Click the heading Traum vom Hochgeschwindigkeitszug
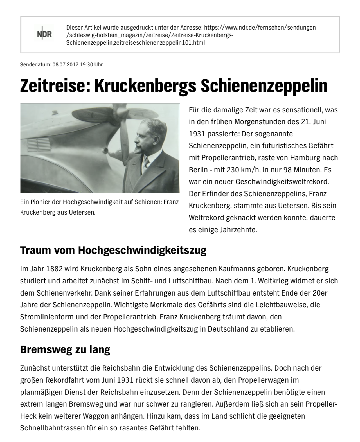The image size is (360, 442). tap(113, 250)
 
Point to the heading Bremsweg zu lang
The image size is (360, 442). tap(65, 349)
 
